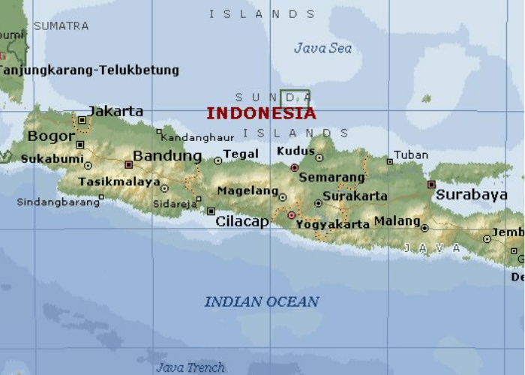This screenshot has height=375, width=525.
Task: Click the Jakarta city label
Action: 115,111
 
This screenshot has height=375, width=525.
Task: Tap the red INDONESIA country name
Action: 261,114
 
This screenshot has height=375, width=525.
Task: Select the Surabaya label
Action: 472,195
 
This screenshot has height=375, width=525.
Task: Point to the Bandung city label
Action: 167,156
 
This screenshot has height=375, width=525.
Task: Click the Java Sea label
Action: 322,48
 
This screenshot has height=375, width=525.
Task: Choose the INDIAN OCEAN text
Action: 262,301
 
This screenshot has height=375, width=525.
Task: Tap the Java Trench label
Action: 190,367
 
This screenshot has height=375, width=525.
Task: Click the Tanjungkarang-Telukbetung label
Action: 88,70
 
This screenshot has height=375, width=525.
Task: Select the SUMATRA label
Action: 61,26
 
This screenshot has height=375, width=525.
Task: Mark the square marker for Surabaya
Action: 431,184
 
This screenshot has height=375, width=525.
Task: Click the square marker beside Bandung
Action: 128,164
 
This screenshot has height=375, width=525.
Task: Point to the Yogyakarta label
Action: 333,224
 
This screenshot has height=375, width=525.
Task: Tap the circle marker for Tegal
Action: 218,160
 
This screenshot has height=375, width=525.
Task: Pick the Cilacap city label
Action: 241,221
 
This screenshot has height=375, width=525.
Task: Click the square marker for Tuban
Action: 389,161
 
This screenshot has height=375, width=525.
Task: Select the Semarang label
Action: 331,178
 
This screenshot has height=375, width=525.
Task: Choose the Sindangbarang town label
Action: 57,202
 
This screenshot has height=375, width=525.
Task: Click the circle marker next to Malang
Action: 424,228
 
